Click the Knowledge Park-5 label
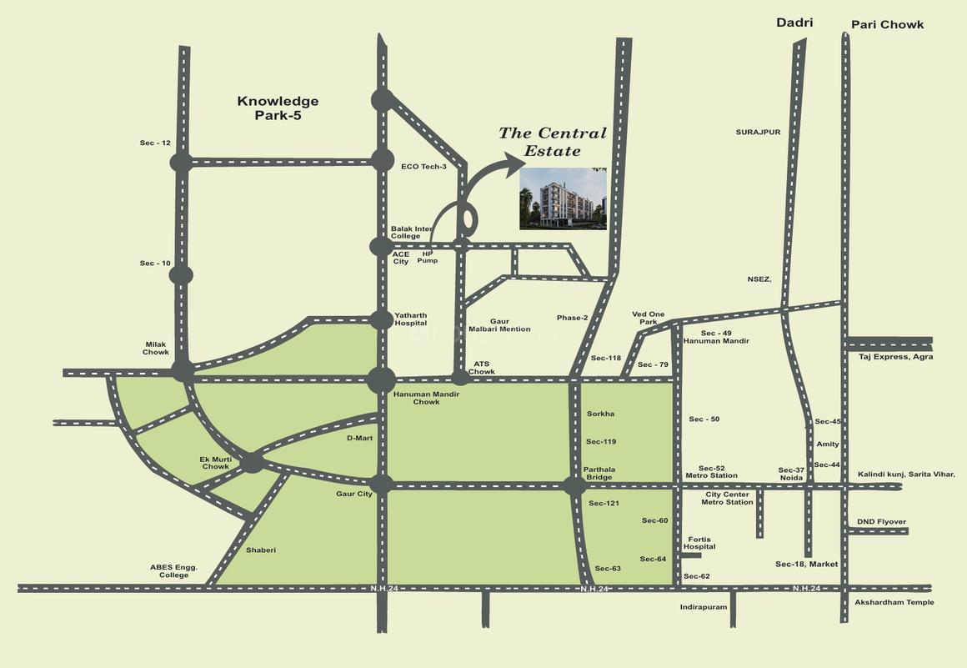pos(278,108)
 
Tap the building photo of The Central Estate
pos(563,198)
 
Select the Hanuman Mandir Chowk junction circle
pos(382,380)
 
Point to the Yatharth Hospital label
pos(410,319)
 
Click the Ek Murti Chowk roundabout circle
pos(252,462)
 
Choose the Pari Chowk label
pos(887,25)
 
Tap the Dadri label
pos(794,23)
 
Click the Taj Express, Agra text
pos(895,357)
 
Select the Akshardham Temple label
pos(894,602)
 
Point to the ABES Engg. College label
pos(173,571)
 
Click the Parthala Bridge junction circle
pos(574,486)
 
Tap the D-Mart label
pos(359,438)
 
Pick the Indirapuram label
pos(703,607)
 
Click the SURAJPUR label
pos(758,132)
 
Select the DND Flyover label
pos(881,522)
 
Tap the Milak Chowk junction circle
pos(183,372)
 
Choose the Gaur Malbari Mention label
pos(499,325)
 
